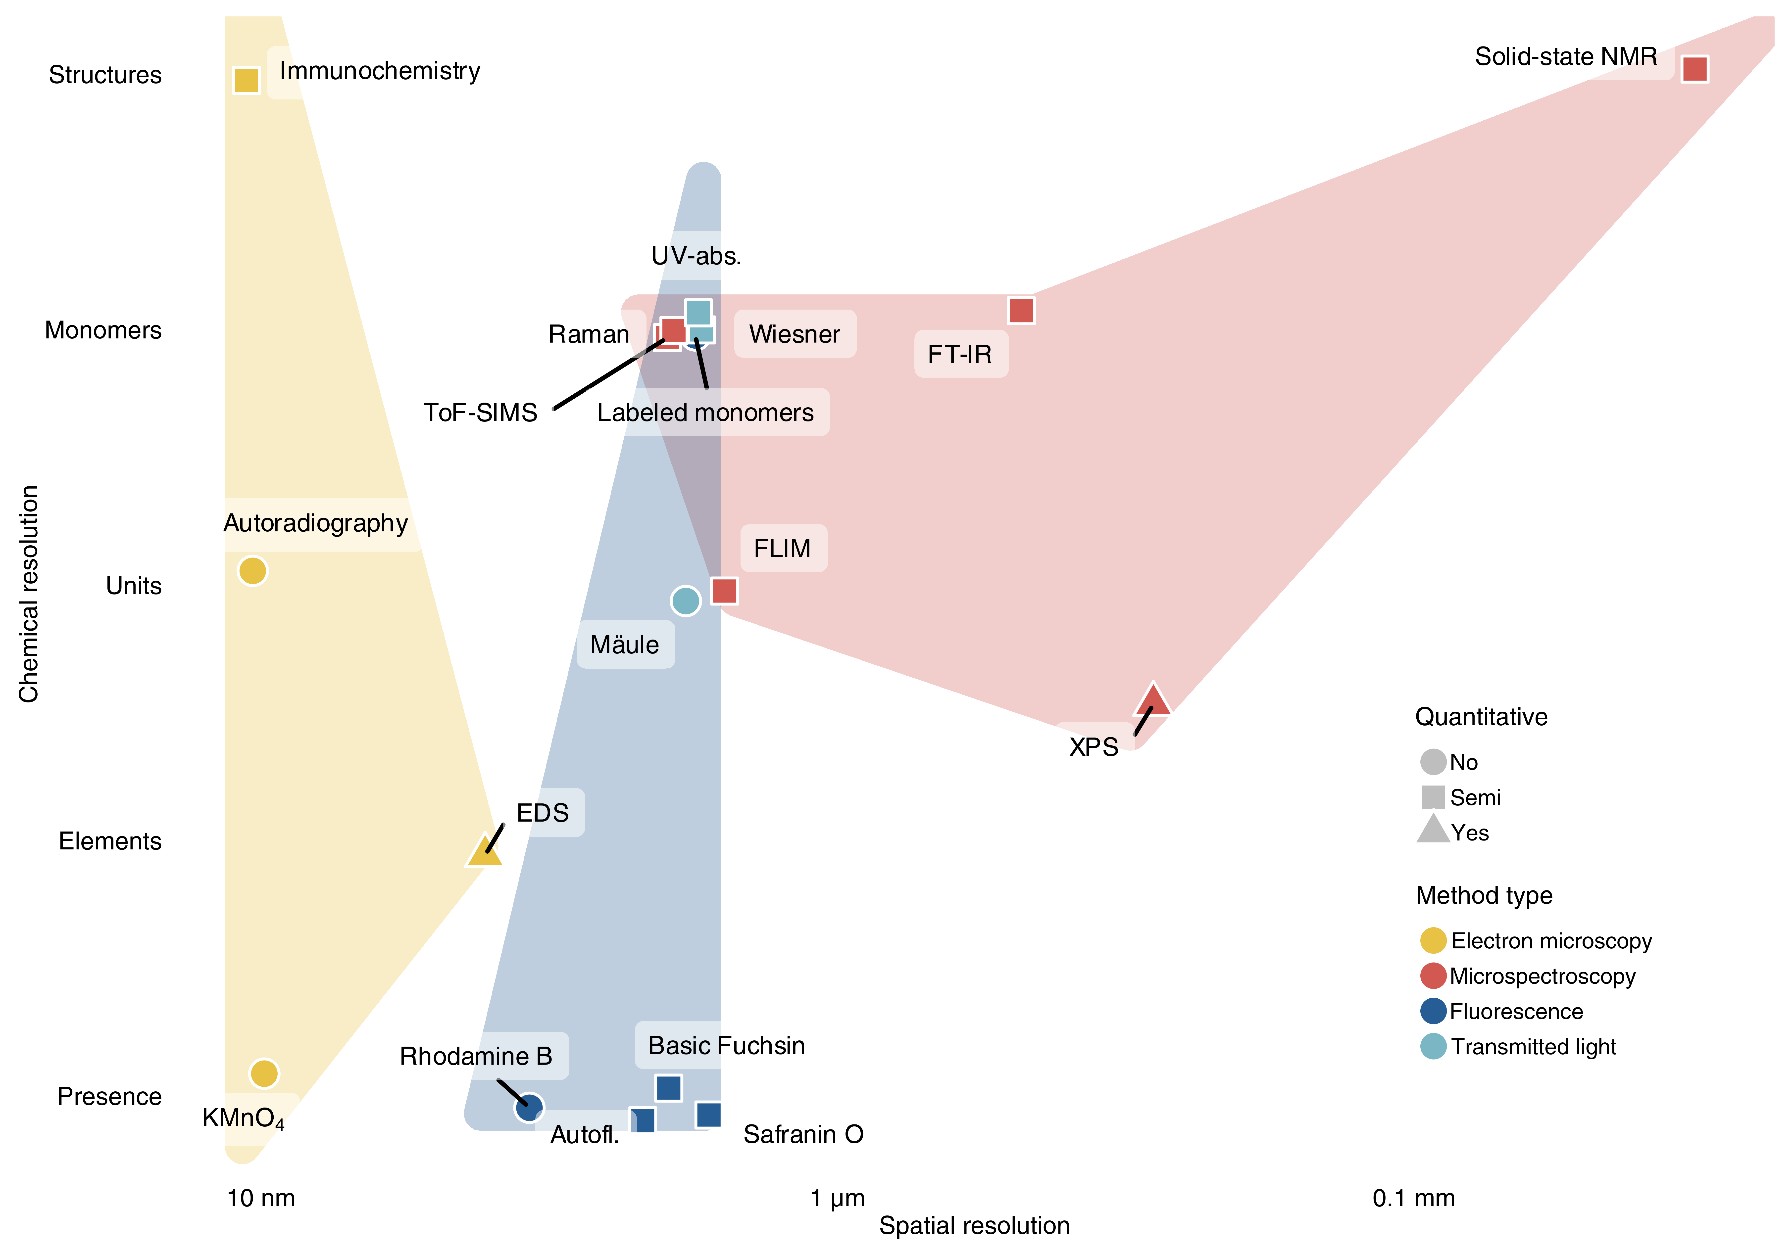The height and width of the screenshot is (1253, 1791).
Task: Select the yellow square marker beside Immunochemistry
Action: point(247,80)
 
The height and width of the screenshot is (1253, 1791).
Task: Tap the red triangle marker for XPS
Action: point(1153,699)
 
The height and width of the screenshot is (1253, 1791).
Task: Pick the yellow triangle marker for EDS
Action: point(484,851)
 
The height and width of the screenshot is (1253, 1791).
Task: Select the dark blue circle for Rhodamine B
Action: point(529,1107)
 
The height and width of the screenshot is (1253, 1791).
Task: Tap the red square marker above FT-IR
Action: point(1021,310)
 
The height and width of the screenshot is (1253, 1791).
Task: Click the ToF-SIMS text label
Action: point(481,413)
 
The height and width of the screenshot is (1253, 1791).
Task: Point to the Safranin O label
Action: point(803,1134)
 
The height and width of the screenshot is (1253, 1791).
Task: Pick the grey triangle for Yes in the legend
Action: point(1433,829)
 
